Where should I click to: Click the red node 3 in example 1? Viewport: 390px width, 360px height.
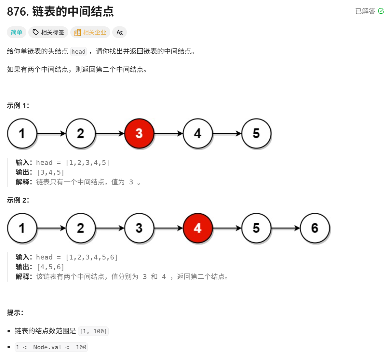click(x=139, y=133)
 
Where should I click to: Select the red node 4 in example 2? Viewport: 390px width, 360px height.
click(x=198, y=228)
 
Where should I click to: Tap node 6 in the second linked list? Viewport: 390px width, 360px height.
click(x=315, y=228)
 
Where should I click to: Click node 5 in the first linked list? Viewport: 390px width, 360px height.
click(x=256, y=133)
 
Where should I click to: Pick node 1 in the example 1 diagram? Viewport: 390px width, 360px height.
click(x=22, y=133)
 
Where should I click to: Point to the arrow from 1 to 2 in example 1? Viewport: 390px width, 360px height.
click(x=51, y=133)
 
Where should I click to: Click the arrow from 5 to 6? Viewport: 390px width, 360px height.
click(x=286, y=228)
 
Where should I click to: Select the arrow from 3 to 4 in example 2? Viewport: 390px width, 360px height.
click(x=168, y=228)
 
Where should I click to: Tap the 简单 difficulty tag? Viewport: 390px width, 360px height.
click(x=17, y=32)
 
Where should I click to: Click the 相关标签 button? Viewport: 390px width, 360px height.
click(x=48, y=32)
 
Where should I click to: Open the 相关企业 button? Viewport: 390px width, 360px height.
click(x=90, y=32)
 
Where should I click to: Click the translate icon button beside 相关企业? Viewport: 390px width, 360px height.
click(x=119, y=32)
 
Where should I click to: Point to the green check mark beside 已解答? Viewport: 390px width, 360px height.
click(x=381, y=11)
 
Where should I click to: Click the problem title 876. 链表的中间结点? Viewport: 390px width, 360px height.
click(x=61, y=12)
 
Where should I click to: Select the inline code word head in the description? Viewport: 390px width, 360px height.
click(x=78, y=51)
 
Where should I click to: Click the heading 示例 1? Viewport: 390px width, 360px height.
click(x=18, y=105)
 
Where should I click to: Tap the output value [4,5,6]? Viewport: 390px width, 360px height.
click(x=50, y=267)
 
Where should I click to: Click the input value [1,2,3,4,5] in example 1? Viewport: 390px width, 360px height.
click(x=87, y=163)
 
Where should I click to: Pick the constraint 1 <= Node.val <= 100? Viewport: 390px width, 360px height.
click(x=51, y=347)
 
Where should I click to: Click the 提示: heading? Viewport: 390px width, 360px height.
click(x=15, y=313)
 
